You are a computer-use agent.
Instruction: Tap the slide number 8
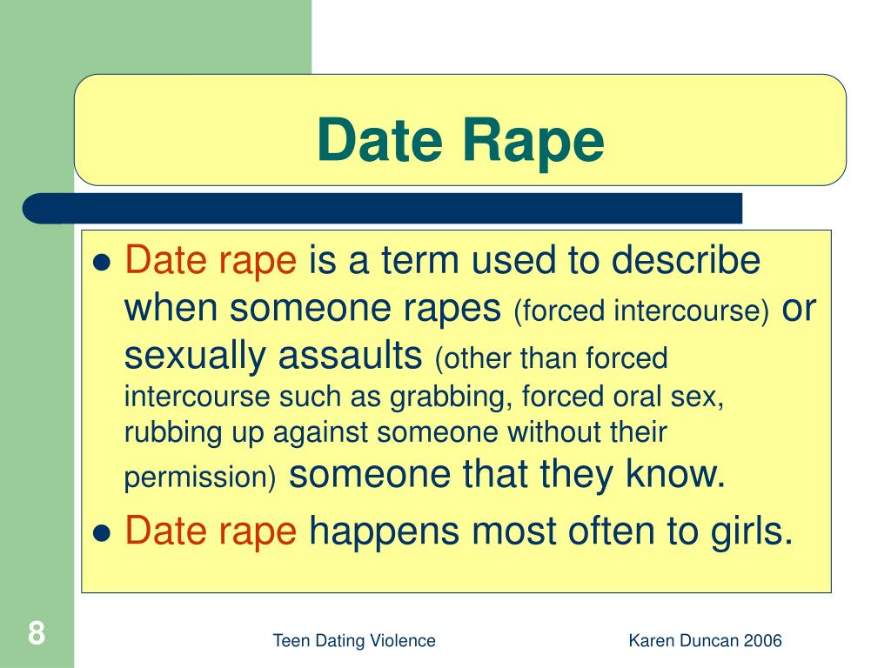click(x=36, y=632)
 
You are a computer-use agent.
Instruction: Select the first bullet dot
click(x=103, y=263)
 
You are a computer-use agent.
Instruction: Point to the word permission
click(x=196, y=478)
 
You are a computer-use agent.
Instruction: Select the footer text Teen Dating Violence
click(x=354, y=641)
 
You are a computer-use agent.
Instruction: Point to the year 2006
click(x=762, y=641)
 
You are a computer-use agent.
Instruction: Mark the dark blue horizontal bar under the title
click(x=383, y=209)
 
